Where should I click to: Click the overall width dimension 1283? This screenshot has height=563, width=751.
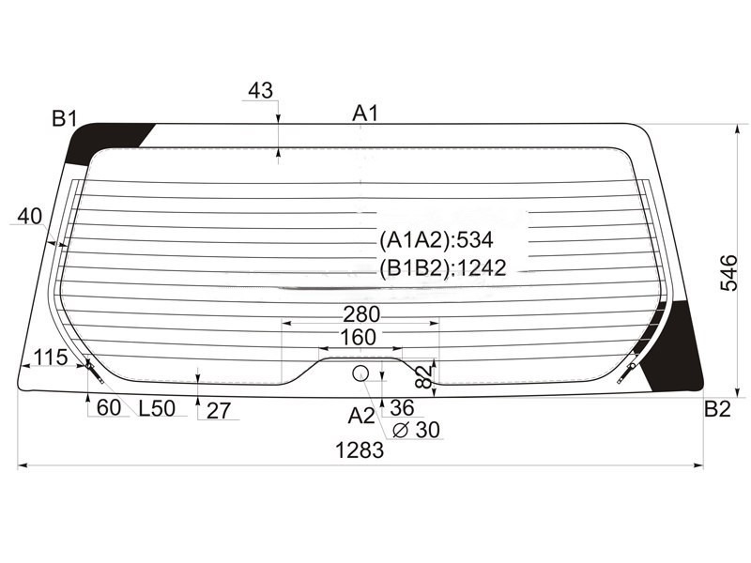pyautogui.click(x=360, y=450)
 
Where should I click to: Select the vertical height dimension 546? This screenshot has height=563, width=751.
pyautogui.click(x=729, y=273)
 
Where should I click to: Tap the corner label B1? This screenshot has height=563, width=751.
pyautogui.click(x=64, y=118)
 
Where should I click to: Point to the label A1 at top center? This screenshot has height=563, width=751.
pyautogui.click(x=365, y=114)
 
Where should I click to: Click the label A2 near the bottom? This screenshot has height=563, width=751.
pyautogui.click(x=361, y=416)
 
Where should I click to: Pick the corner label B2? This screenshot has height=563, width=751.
pyautogui.click(x=717, y=409)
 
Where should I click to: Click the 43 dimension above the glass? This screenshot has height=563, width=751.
pyautogui.click(x=261, y=90)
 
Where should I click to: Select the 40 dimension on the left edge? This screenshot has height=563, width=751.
pyautogui.click(x=30, y=217)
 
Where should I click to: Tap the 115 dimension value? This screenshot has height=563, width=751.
pyautogui.click(x=51, y=358)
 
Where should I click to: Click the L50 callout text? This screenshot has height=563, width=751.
pyautogui.click(x=157, y=408)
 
